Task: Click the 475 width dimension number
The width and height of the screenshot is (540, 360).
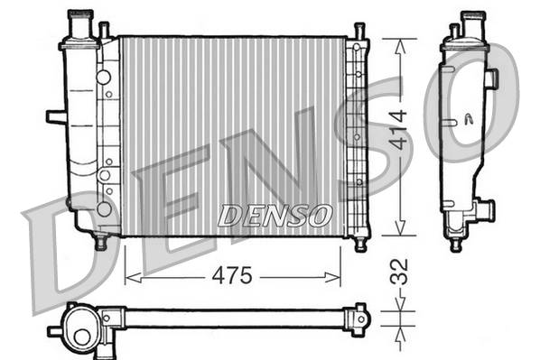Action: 232,275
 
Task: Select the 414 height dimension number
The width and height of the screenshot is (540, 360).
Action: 399,135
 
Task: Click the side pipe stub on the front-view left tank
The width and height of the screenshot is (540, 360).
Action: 55,116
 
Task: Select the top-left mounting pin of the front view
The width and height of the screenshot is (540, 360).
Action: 104,31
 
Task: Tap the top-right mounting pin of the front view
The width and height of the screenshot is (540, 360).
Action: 358,32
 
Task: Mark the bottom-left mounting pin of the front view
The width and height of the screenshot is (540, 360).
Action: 101,242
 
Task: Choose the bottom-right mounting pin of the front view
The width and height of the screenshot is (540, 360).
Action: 359,243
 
